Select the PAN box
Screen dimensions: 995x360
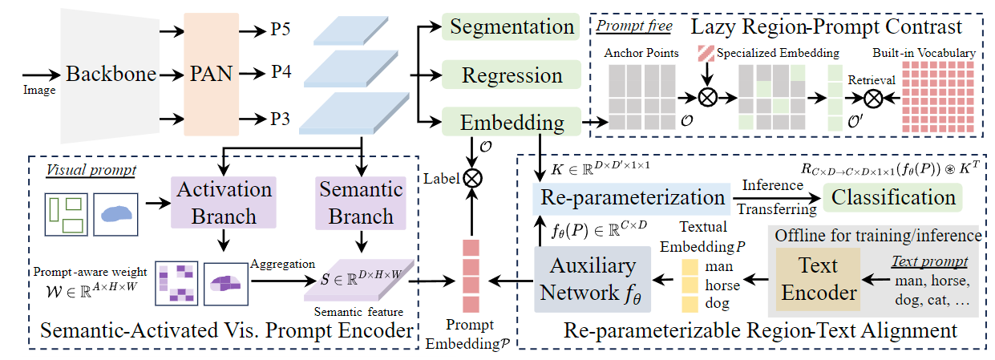[212, 75]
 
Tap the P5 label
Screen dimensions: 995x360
[281, 30]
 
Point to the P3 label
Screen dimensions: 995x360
[281, 119]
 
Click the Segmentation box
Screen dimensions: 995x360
[511, 26]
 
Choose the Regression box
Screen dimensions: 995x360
[512, 75]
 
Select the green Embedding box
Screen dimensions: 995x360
[512, 121]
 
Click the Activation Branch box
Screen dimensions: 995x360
[224, 203]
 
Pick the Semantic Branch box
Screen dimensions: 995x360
[361, 203]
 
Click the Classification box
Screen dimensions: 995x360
[893, 198]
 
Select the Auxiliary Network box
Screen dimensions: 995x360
[593, 280]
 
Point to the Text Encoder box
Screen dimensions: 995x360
[819, 279]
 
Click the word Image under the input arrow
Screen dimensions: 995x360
[39, 91]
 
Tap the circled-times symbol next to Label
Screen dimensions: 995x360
[472, 179]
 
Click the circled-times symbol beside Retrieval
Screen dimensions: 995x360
[873, 98]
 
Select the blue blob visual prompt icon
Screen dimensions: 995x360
[116, 214]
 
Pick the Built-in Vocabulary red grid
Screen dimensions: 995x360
[938, 97]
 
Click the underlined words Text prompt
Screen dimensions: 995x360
[930, 261]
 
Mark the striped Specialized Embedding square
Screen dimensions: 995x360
[706, 54]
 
